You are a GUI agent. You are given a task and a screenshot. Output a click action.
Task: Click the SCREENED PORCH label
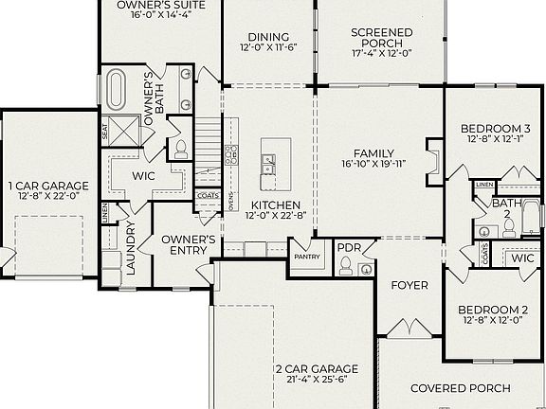click(382, 39)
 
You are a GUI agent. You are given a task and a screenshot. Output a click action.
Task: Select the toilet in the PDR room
click(345, 265)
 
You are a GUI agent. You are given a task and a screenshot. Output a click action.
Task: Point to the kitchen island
click(275, 160)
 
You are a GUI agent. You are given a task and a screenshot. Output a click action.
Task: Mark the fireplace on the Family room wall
click(433, 159)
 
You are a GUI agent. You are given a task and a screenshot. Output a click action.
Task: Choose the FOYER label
click(409, 285)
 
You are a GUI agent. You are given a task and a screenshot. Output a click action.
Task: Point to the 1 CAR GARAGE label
click(48, 186)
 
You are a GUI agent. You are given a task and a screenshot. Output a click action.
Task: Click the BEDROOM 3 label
click(495, 129)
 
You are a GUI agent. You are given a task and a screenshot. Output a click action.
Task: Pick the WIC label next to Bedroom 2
click(521, 258)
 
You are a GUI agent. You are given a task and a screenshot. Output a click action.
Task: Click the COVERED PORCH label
click(460, 388)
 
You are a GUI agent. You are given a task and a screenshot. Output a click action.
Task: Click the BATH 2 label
click(502, 208)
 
